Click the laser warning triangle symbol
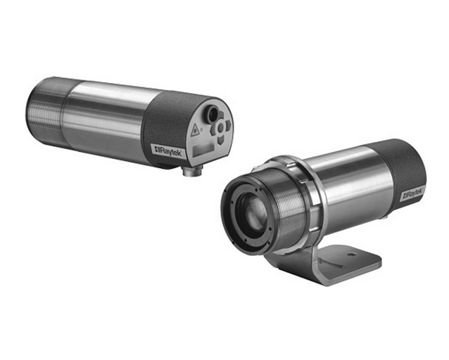coord(195,130)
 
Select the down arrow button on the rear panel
coord(220,141)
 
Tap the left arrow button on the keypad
coord(213,129)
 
